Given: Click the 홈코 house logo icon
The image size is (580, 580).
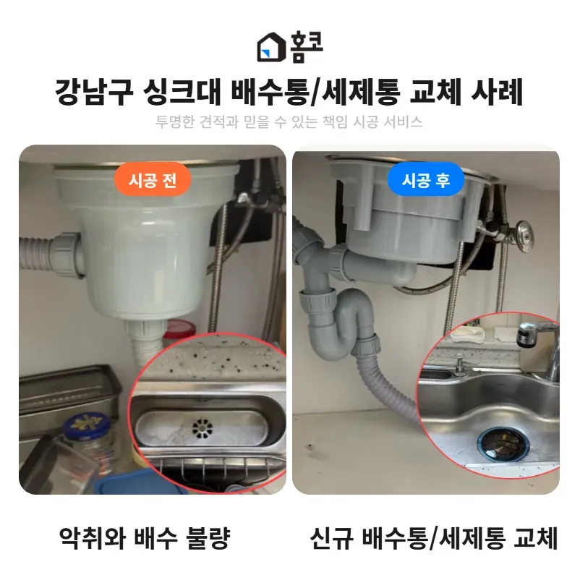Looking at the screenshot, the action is [271, 47].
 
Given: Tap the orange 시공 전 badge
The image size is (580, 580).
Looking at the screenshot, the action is [153, 180].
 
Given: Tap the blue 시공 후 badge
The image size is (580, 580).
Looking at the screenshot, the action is [425, 180].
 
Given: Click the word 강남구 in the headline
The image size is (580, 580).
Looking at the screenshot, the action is [94, 92].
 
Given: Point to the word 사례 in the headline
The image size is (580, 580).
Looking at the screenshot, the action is [497, 92].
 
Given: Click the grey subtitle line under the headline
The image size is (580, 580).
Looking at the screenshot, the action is [289, 121].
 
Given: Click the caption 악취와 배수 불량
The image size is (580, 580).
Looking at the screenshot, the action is [145, 538].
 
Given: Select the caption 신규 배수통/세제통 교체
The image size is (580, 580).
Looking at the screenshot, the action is [433, 538].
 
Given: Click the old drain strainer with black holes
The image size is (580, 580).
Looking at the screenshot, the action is [202, 428].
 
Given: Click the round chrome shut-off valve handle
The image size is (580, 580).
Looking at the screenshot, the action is [525, 236].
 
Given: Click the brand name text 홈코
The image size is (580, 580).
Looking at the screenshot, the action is [307, 46].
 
